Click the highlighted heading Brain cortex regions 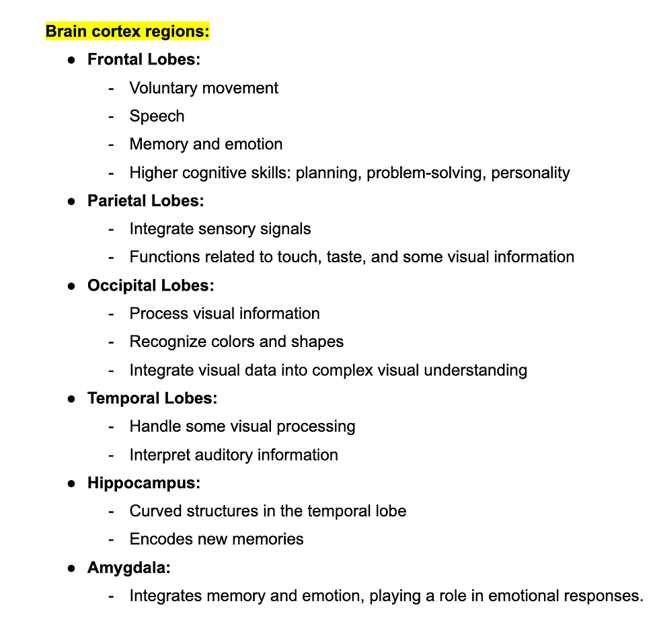coord(127,31)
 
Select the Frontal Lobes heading coord(143,59)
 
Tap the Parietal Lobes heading coord(145,200)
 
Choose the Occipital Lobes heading coord(151,285)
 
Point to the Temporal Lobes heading coord(152,398)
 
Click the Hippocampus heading coord(143,483)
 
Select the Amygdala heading coord(128,568)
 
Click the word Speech coord(157,116)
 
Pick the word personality coord(530,172)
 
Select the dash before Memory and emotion coord(112,144)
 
